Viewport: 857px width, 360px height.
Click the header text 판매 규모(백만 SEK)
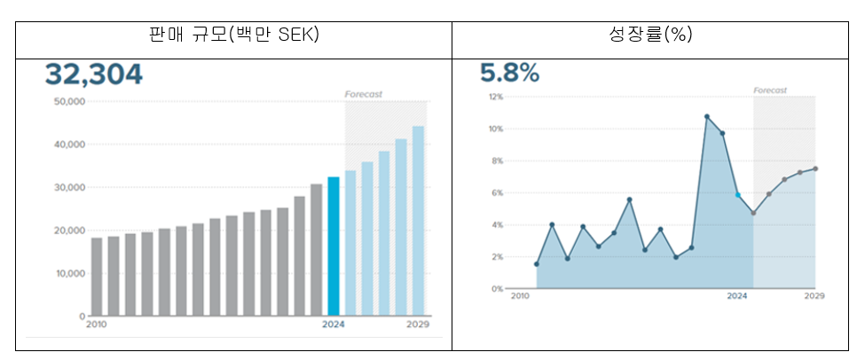click(x=233, y=35)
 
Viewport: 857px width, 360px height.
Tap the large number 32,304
click(x=93, y=74)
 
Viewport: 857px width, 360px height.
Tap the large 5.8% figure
click(x=510, y=74)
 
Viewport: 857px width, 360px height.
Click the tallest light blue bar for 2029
click(x=418, y=221)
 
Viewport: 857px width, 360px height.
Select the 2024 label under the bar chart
click(x=333, y=325)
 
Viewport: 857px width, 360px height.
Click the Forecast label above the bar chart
click(x=363, y=94)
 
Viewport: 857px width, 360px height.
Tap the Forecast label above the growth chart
click(x=770, y=90)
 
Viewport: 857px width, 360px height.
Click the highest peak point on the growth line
click(x=707, y=116)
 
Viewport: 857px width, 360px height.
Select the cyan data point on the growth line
click(x=737, y=195)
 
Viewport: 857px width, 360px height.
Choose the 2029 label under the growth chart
click(x=814, y=297)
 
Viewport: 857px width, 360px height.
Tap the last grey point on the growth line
click(x=815, y=168)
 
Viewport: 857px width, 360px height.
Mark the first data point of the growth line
click(x=537, y=264)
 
